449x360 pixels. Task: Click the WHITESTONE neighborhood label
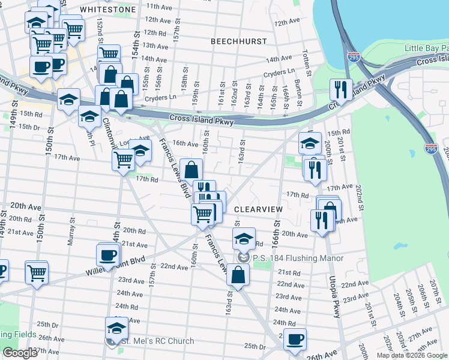(108, 10)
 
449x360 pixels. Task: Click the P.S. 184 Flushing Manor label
(298, 258)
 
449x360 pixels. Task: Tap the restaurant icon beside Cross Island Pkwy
(341, 89)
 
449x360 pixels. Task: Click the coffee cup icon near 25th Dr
(295, 339)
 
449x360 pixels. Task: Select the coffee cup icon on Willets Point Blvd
(108, 254)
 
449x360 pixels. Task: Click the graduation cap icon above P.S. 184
(244, 238)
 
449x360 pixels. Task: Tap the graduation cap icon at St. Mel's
(116, 328)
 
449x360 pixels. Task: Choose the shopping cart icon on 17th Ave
(123, 160)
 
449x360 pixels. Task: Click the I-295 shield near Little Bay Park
(354, 57)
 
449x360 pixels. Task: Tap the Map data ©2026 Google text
(412, 355)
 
